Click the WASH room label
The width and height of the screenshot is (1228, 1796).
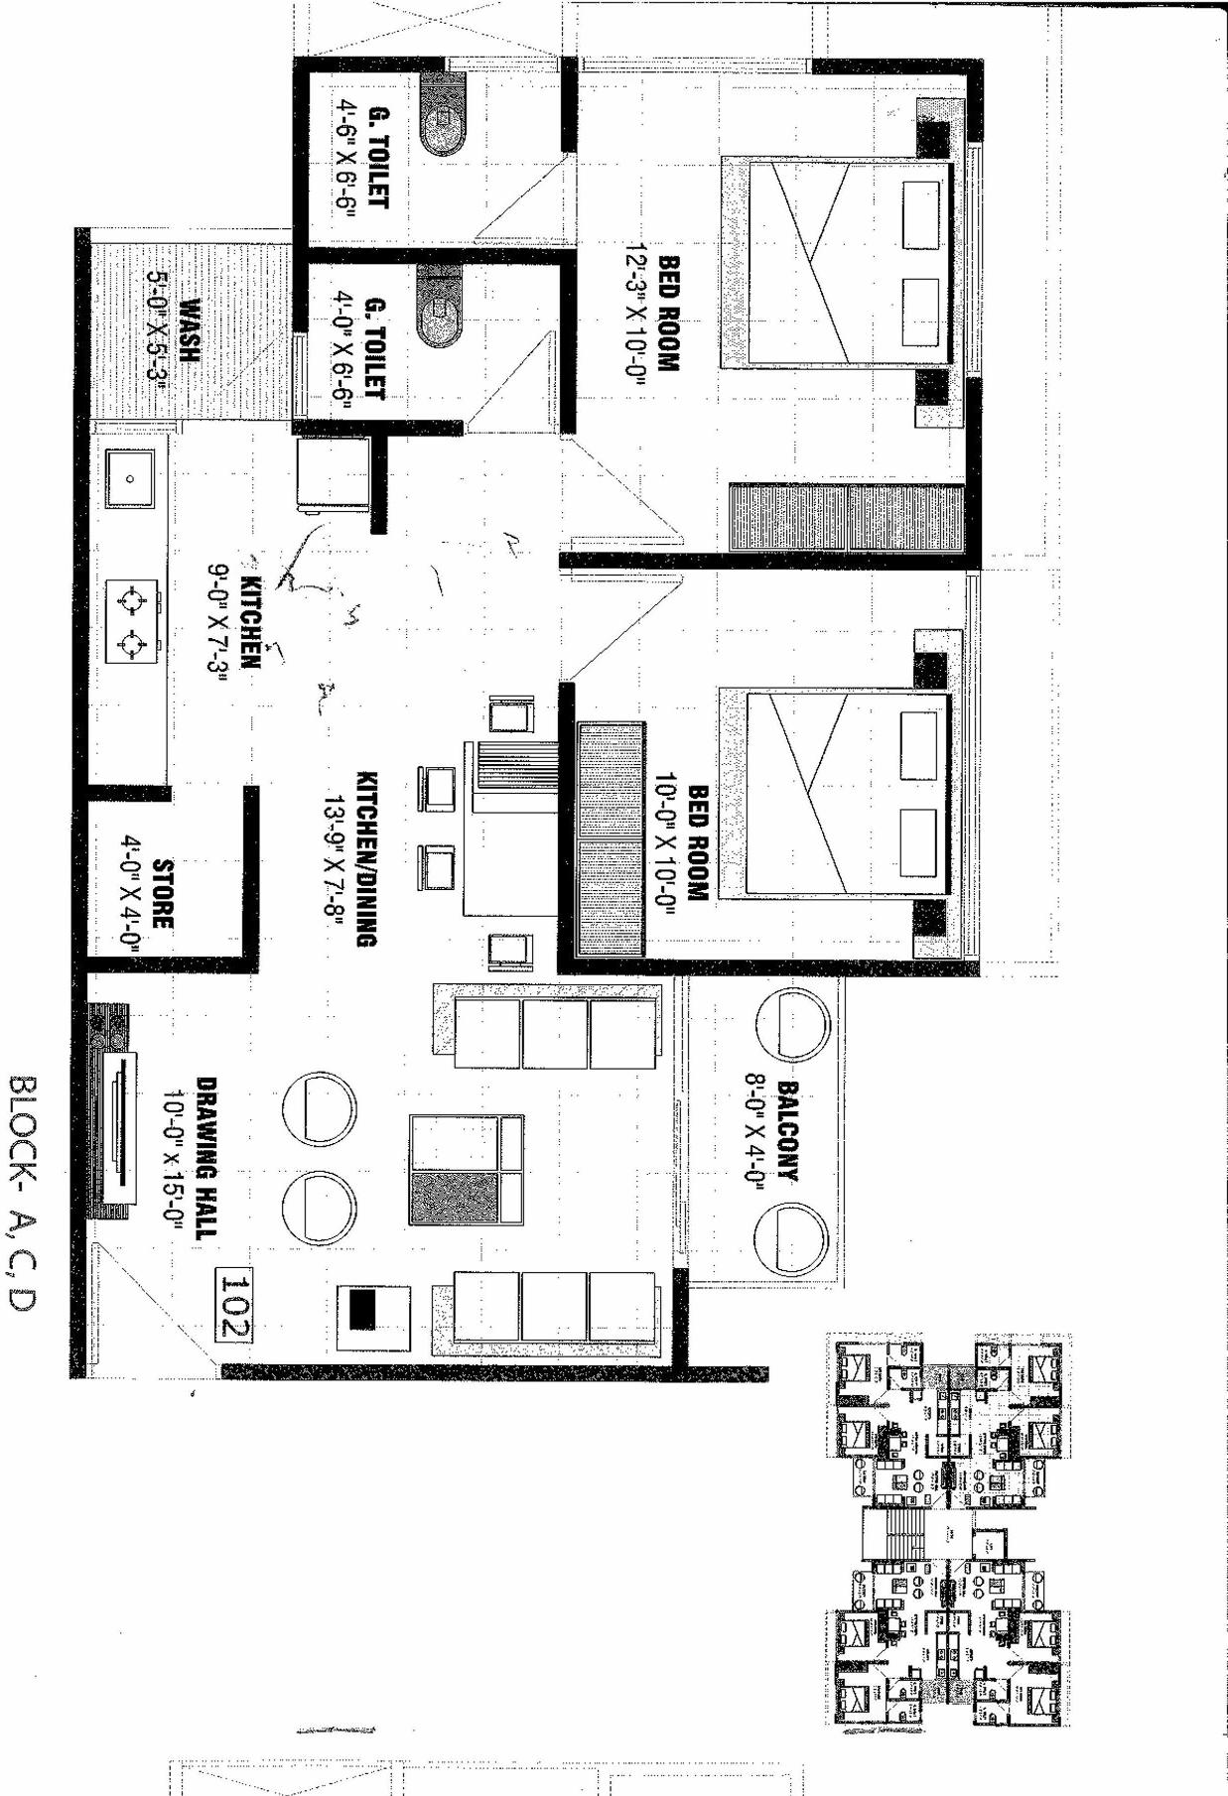[188, 330]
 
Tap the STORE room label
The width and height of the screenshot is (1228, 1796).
[162, 894]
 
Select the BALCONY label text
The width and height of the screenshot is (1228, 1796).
[787, 1130]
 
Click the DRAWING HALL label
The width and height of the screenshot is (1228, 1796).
[206, 1158]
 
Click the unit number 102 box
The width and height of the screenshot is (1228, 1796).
[235, 1305]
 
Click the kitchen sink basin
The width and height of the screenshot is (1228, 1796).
[130, 478]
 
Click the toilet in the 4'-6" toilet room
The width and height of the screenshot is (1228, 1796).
[443, 116]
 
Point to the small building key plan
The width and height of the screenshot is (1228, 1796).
[948, 1532]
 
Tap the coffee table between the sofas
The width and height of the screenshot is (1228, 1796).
[466, 1168]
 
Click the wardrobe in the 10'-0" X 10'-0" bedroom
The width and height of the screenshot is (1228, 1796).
[611, 838]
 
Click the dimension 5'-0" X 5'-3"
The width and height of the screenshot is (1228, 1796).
[159, 331]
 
